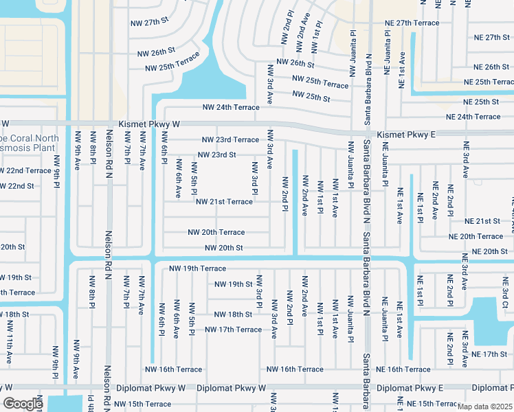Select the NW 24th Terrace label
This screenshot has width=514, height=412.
click(230, 107)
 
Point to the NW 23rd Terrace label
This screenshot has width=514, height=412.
click(230, 140)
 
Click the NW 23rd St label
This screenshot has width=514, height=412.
click(216, 155)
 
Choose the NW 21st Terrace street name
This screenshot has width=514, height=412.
click(224, 202)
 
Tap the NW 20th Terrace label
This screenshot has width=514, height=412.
click(216, 233)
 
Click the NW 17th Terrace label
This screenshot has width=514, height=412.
click(233, 330)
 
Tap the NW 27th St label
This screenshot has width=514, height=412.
click(149, 21)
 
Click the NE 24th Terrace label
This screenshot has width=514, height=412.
click(473, 117)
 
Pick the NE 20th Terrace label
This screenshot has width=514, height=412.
click(476, 236)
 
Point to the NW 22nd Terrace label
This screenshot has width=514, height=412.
click(24, 170)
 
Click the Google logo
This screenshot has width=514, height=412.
click(23, 404)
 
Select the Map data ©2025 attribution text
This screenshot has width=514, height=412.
click(484, 407)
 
